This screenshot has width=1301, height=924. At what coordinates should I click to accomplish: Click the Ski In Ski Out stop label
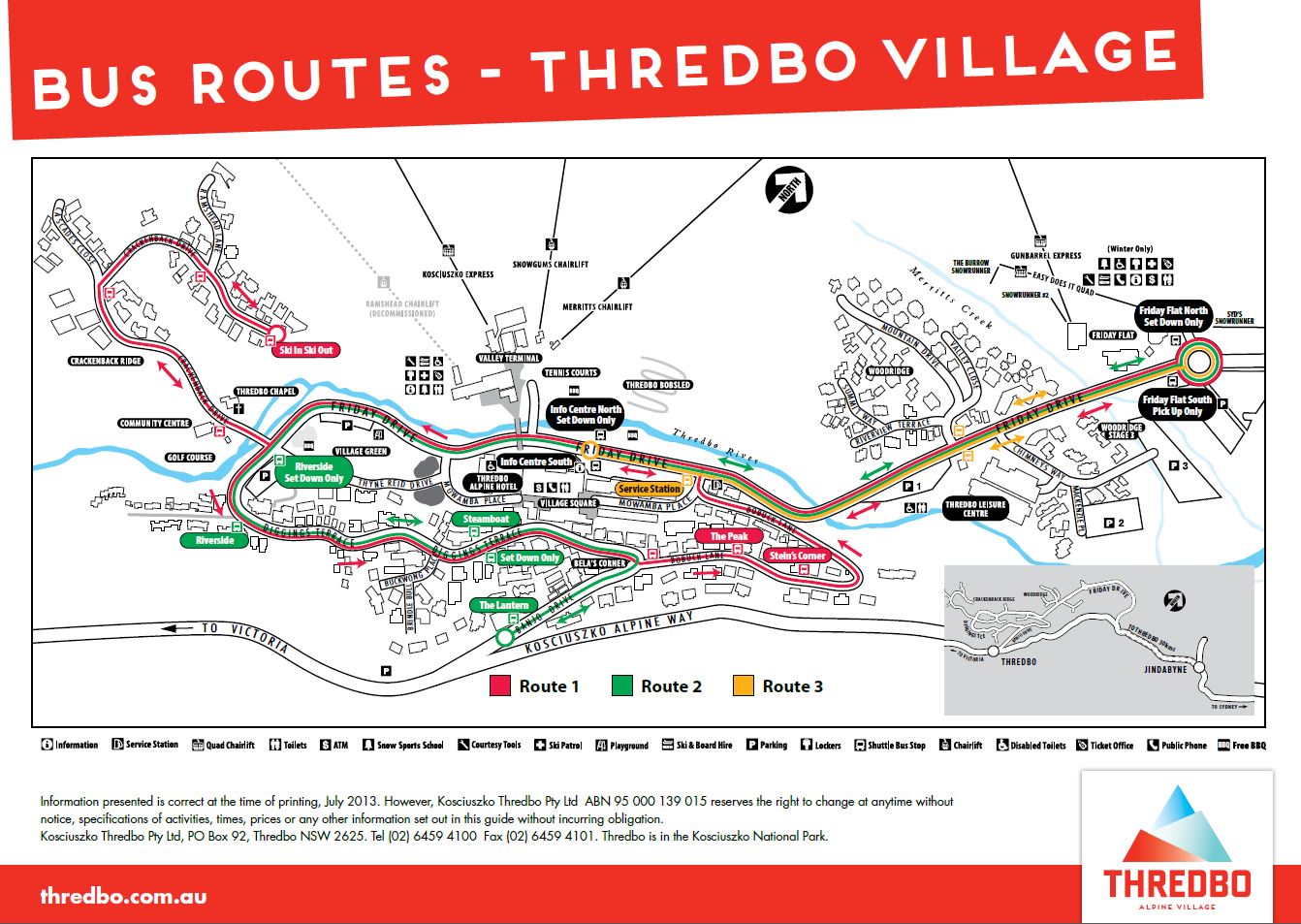305,350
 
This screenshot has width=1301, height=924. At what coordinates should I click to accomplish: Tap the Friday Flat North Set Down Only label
1173,317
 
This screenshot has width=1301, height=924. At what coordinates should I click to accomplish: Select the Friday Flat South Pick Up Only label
1176,405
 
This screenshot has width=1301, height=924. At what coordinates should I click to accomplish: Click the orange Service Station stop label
649,489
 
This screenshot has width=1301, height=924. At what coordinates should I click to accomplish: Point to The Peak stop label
729,536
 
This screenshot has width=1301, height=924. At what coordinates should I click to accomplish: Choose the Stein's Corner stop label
797,556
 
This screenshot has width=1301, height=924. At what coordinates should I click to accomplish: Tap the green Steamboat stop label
486,519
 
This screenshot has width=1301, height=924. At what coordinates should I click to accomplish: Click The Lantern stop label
504,605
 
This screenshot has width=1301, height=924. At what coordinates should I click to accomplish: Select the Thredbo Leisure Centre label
975,509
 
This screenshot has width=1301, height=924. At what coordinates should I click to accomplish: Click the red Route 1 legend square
499,686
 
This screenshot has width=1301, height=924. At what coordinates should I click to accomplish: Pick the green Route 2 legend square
621,686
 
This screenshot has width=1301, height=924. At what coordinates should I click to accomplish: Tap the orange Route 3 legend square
743,686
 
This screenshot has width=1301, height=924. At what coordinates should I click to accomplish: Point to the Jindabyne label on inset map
1165,669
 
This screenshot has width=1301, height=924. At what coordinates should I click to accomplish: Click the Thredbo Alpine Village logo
1177,846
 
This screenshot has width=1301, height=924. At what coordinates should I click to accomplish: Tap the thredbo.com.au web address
123,896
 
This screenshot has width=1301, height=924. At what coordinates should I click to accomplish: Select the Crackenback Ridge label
106,361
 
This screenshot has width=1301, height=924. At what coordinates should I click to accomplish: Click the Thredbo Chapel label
266,392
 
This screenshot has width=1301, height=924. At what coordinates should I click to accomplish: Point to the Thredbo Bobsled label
658,385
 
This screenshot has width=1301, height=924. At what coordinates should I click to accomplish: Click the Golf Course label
189,458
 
